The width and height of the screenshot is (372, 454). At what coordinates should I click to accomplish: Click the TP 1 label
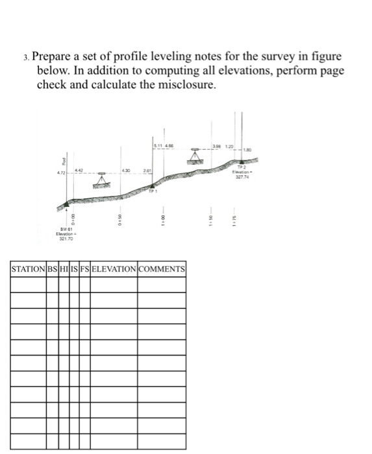(x=153, y=193)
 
